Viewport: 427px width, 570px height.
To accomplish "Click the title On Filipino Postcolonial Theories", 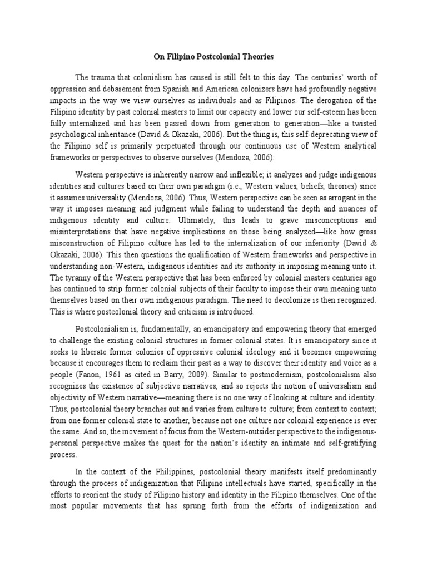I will (213, 57).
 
